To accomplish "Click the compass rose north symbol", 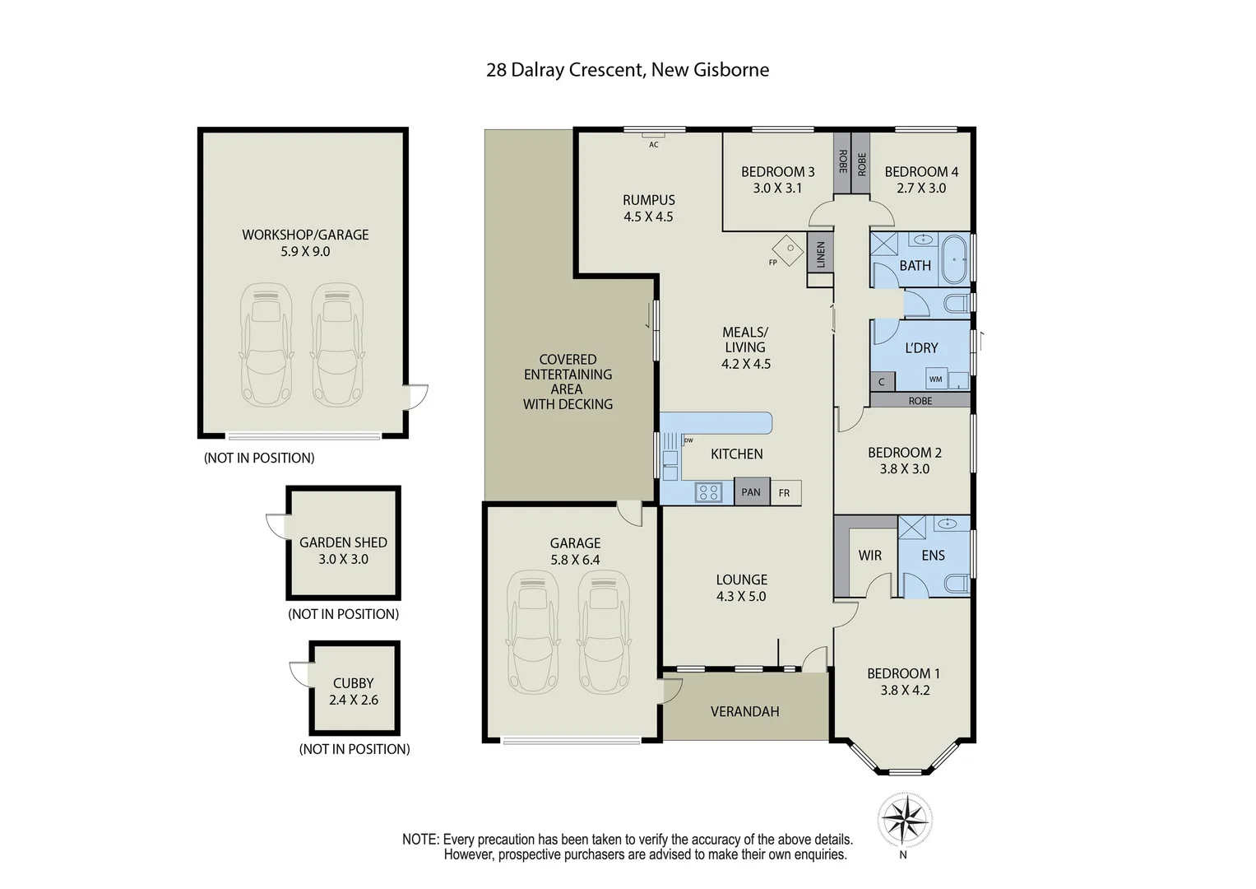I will pos(903,821).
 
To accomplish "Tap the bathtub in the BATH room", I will pos(955,258).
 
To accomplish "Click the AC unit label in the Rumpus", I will pos(653,145).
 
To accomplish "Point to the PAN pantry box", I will pos(751,492).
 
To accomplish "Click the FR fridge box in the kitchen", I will pos(785,493).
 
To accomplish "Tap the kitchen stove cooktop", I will pos(707,493).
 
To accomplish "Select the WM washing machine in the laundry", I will pos(935,379).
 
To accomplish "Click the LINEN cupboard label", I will pos(820,254).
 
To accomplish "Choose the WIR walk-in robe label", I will pos(869,556).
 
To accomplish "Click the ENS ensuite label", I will pos(933,556).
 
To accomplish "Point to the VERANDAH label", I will pos(744,711).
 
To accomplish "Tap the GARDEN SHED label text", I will pos(343,542).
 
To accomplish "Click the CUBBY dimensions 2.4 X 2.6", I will pos(354,700).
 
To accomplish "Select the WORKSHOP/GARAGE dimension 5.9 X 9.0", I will pos(305,252).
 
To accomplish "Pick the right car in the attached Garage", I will pos(605,631).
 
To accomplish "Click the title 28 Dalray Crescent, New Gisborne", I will pos(628,70).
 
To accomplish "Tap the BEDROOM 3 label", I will pos(777,172).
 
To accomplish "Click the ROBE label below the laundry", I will pos(920,401).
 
